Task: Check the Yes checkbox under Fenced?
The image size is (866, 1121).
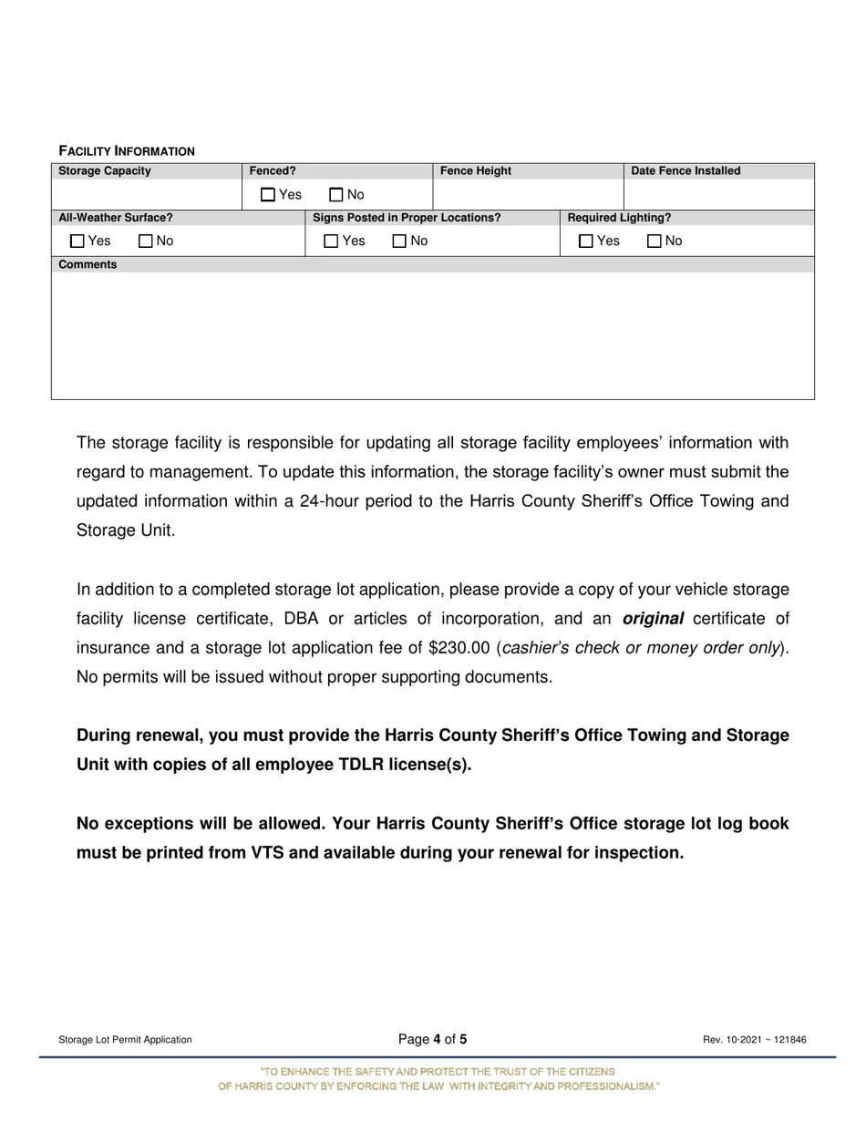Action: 267,194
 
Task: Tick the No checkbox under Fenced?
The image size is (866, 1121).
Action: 336,194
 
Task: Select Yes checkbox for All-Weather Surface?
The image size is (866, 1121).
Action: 77,242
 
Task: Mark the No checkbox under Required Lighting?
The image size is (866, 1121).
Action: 654,242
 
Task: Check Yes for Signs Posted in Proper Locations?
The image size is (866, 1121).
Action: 331,242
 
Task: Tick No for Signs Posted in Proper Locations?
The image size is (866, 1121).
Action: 398,242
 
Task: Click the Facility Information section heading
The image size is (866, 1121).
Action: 127,151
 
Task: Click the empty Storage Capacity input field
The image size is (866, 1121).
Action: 146,194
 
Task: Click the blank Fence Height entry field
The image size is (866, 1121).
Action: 528,194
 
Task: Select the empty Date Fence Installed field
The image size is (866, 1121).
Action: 718,194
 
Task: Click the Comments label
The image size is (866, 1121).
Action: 88,264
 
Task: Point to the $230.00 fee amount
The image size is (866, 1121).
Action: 459,648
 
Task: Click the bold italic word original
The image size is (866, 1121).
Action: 653,619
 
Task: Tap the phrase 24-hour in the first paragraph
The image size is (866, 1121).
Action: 330,501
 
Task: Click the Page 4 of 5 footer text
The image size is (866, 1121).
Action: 433,1039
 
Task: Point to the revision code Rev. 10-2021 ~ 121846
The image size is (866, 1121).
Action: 754,1040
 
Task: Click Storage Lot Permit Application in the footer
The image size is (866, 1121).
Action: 125,1040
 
